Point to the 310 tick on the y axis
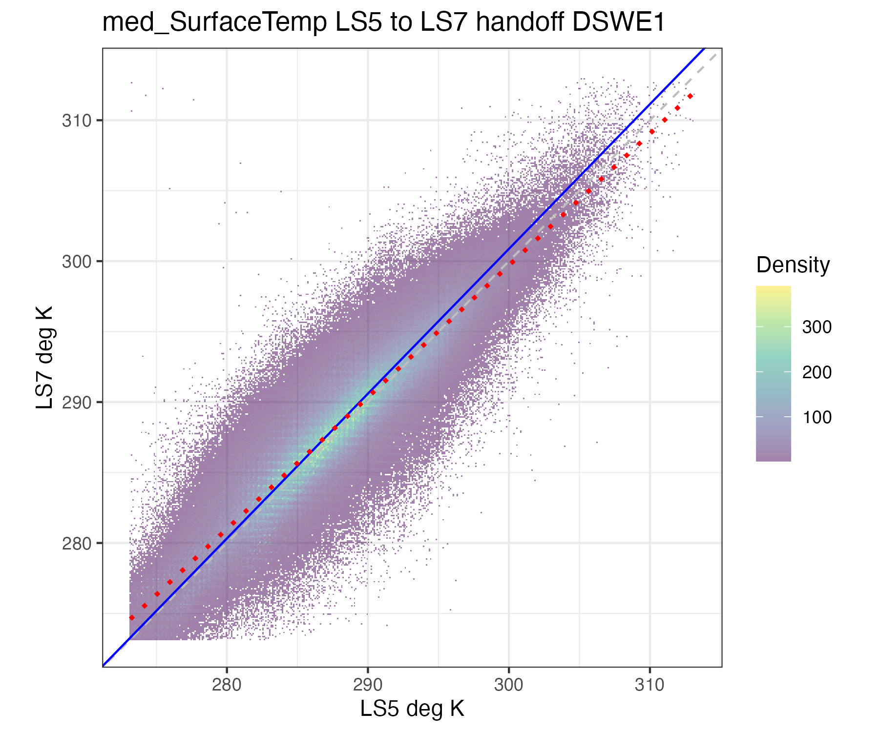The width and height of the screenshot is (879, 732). coord(77,120)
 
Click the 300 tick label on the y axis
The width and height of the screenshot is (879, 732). coord(77,261)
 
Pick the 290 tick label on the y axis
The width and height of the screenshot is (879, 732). coord(77,402)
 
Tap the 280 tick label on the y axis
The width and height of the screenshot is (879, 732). coord(77,543)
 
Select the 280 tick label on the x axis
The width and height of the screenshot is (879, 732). coord(227,685)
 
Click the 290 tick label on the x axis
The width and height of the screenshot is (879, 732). coord(368,685)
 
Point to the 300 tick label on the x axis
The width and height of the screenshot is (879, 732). coord(508,685)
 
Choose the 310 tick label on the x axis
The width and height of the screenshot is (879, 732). coord(649,685)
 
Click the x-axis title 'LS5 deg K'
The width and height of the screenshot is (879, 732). coord(412,709)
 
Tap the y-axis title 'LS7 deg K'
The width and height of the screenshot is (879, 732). coord(44,357)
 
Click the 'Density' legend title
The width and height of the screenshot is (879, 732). coord(793,265)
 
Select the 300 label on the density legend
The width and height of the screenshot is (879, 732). coord(816,327)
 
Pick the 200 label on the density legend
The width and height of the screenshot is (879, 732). coord(816,372)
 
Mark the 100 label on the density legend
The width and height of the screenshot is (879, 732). coord(816,417)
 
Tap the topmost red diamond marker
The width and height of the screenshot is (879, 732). coord(690,96)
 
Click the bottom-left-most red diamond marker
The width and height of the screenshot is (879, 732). coord(132,617)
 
